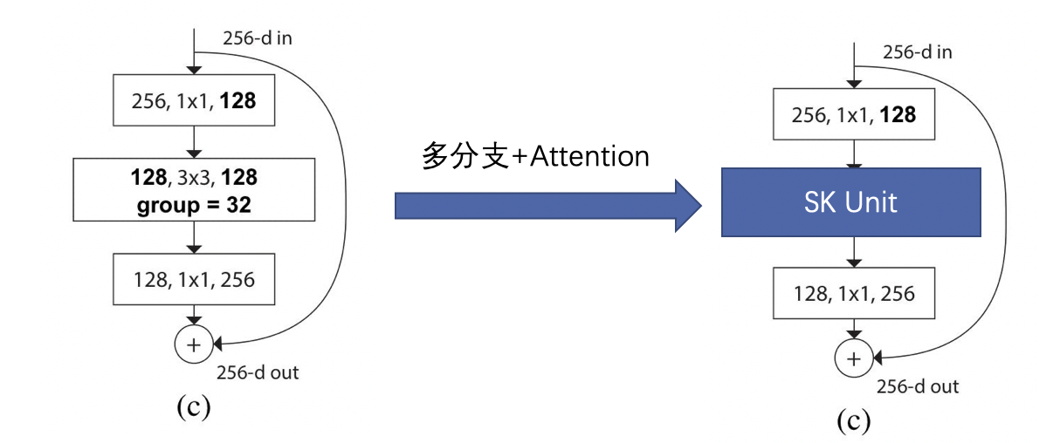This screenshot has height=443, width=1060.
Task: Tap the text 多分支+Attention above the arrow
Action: click(x=535, y=156)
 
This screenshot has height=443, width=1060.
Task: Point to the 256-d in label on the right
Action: click(x=917, y=52)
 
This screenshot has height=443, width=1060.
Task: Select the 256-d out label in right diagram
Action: click(x=918, y=386)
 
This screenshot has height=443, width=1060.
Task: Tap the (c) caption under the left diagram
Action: click(x=193, y=408)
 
